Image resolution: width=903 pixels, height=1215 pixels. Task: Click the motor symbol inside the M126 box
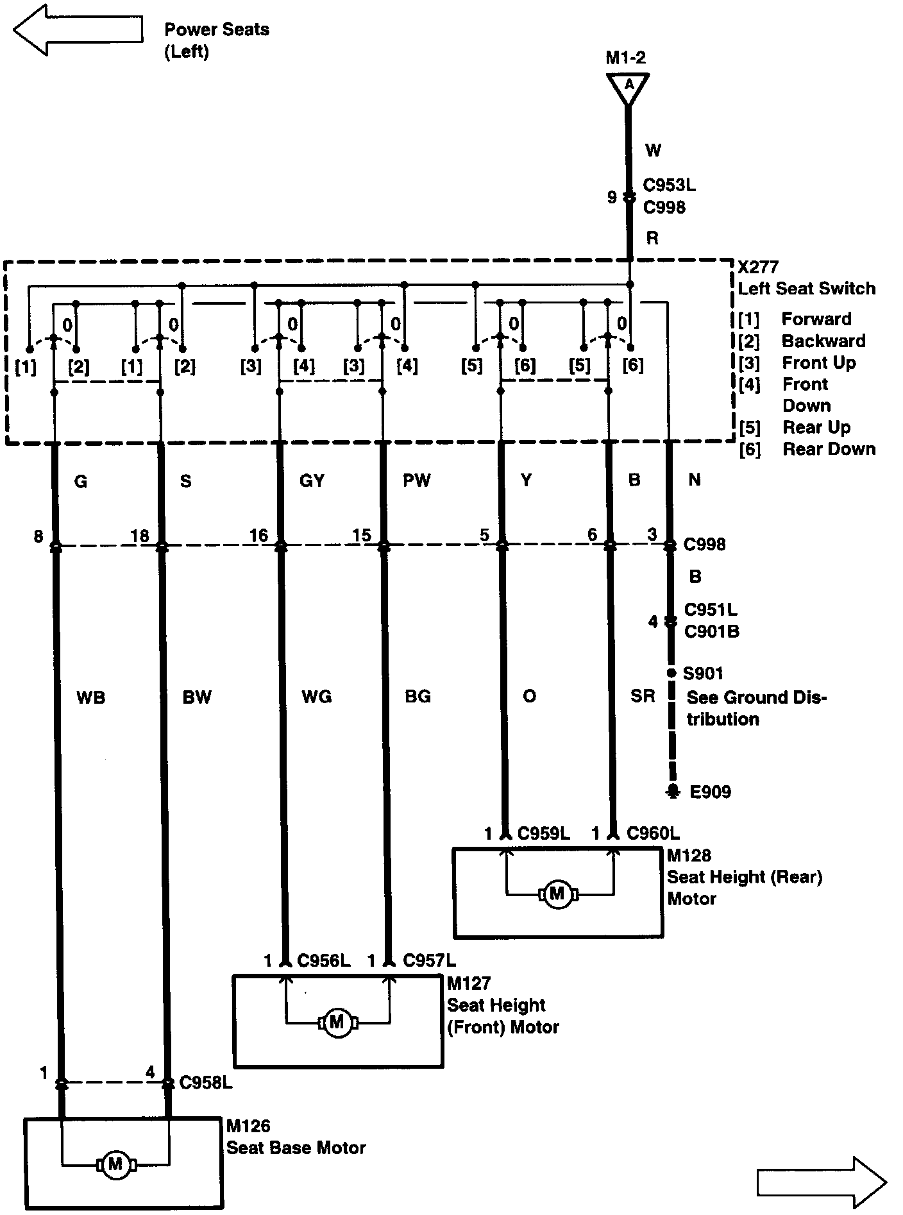[115, 1163]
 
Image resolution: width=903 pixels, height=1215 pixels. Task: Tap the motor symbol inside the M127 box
[337, 1022]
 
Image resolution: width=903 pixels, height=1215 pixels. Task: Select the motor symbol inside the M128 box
[557, 894]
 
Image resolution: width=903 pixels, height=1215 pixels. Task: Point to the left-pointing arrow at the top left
[77, 30]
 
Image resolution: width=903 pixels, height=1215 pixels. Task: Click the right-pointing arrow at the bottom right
[822, 1181]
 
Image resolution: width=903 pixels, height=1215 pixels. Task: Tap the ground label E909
[710, 792]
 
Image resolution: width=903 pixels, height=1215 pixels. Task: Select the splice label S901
[703, 674]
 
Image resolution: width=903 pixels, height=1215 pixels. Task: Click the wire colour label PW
[417, 480]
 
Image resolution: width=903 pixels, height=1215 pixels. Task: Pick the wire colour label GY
[312, 480]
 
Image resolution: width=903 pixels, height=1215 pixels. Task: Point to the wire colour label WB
[90, 697]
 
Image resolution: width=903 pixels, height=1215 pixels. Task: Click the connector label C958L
[206, 1083]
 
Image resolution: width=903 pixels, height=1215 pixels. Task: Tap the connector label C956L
[324, 960]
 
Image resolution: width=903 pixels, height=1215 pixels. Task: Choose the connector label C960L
[653, 833]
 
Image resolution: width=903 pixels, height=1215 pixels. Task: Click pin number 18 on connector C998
[140, 536]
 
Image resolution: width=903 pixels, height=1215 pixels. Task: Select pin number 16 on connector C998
[258, 535]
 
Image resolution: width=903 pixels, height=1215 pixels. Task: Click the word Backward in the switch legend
[823, 341]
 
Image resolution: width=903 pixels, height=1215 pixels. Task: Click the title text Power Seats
[217, 30]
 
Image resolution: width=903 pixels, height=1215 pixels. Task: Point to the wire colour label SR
[643, 696]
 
